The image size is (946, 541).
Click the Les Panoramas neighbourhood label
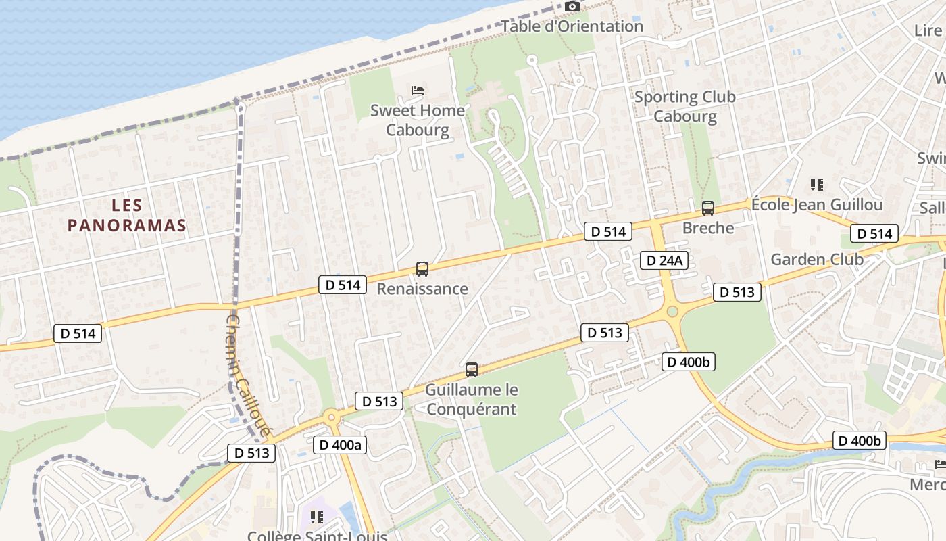(x=126, y=215)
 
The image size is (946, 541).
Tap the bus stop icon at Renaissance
(x=422, y=268)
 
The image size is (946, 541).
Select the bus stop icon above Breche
(x=708, y=208)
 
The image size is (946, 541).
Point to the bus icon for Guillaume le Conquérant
(x=472, y=370)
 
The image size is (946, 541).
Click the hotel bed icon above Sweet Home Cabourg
(x=418, y=90)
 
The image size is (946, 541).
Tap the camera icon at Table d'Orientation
(x=572, y=7)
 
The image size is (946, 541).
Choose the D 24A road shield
(x=664, y=260)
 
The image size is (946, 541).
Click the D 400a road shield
(x=341, y=445)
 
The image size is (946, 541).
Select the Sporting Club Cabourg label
(x=685, y=106)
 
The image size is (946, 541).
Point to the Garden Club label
(x=817, y=259)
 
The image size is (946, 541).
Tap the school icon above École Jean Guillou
(x=817, y=184)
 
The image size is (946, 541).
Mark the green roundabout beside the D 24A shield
(x=672, y=311)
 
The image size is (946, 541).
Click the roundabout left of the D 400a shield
(x=331, y=417)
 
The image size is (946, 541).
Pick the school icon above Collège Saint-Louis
(x=316, y=517)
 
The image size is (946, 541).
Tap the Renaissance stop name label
(x=422, y=289)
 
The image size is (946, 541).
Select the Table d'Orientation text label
(x=572, y=26)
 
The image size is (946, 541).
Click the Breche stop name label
(x=708, y=228)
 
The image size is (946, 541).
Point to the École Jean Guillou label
(x=817, y=204)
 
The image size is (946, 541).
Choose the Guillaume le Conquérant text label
(x=472, y=399)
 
